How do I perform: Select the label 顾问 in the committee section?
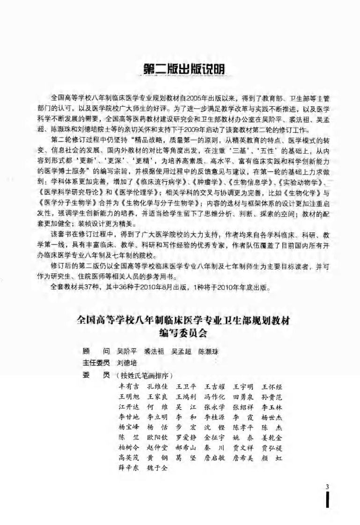pos(95,351)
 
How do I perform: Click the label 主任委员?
pos(96,363)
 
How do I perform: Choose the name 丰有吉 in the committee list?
pos(129,387)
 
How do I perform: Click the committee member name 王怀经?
pos(271,387)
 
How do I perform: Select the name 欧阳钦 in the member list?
pos(157,437)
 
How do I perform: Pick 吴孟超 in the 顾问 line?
pos(181,351)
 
